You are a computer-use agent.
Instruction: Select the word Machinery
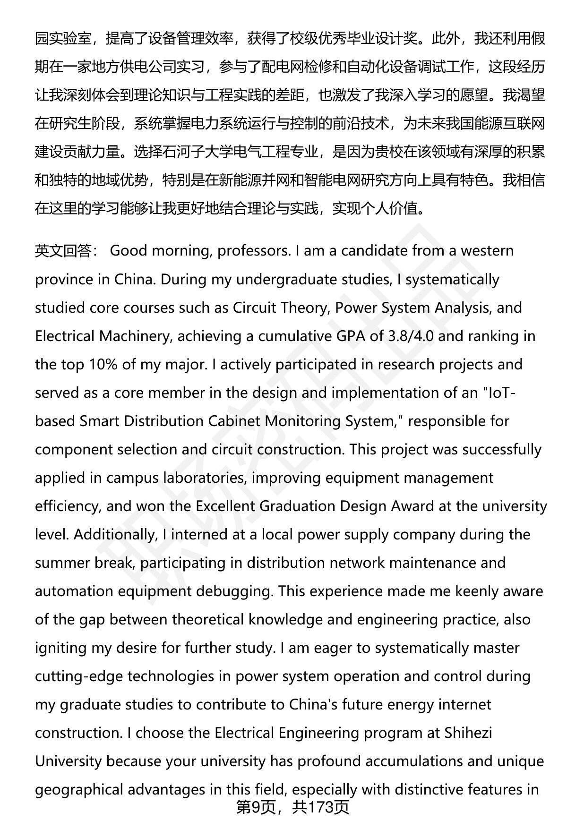(x=134, y=336)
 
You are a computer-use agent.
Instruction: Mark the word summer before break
(x=62, y=563)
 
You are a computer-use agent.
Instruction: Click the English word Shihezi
(x=468, y=733)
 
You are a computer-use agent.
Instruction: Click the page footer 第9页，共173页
(x=293, y=807)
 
